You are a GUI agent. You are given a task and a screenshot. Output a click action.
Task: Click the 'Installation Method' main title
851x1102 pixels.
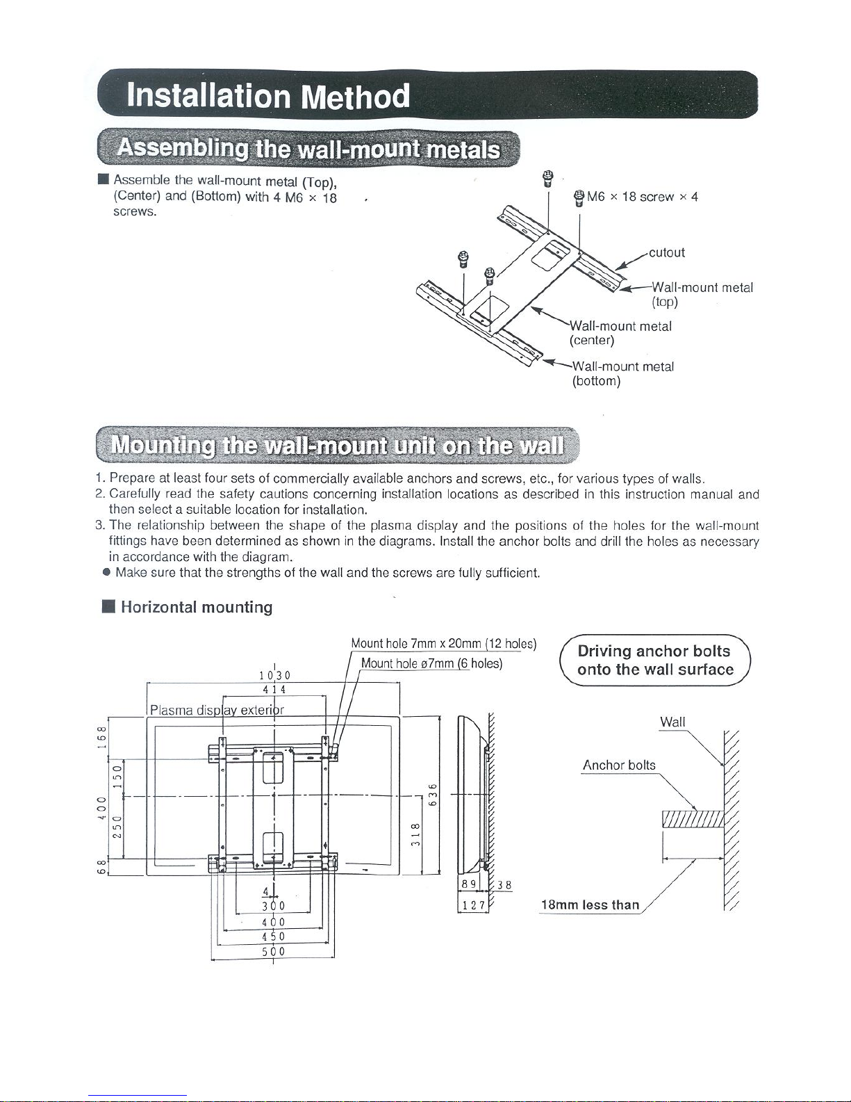[x=268, y=96]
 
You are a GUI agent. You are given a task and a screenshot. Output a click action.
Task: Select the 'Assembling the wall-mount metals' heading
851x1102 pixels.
[x=308, y=149]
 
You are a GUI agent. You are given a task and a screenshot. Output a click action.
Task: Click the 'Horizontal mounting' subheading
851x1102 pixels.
[x=197, y=607]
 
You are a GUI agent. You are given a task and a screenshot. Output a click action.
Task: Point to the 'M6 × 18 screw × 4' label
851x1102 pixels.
[x=642, y=197]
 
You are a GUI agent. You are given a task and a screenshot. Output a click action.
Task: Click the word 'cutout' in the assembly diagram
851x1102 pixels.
[x=666, y=252]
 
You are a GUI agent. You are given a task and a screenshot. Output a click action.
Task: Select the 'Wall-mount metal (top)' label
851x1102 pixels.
[x=702, y=294]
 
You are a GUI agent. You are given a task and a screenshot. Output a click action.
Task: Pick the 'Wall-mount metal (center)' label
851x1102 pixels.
[x=620, y=333]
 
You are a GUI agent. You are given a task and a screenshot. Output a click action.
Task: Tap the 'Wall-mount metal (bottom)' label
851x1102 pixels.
[x=622, y=373]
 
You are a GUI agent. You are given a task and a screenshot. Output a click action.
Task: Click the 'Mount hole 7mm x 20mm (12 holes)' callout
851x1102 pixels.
[x=443, y=643]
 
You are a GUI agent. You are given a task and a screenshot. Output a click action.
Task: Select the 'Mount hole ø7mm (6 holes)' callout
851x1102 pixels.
[x=431, y=663]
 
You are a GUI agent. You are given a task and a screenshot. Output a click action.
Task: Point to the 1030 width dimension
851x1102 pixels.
[x=274, y=674]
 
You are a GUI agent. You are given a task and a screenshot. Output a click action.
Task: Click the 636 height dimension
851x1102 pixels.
[x=433, y=795]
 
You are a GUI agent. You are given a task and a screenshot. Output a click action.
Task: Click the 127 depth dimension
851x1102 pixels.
[x=473, y=905]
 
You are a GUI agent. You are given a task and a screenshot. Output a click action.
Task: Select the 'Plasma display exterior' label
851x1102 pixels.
[x=217, y=710]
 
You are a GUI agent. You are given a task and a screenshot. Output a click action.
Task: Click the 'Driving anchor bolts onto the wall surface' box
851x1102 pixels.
[x=655, y=661]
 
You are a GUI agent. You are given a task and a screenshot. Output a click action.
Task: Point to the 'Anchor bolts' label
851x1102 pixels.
[x=618, y=765]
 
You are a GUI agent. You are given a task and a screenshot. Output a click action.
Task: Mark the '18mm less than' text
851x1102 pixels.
[x=590, y=905]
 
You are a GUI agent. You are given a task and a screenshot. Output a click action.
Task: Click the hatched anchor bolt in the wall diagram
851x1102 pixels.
[x=693, y=819]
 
